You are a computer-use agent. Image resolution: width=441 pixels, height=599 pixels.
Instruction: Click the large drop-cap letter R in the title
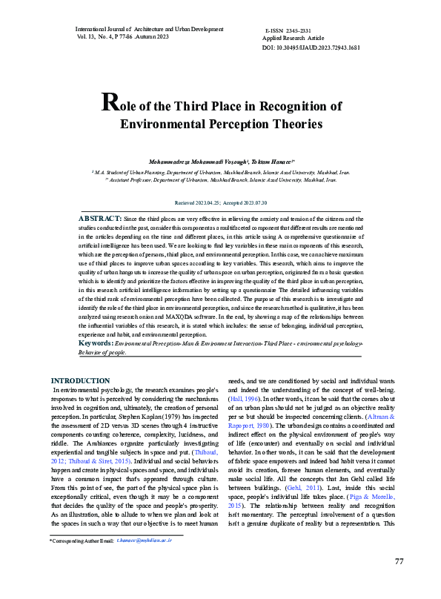108,103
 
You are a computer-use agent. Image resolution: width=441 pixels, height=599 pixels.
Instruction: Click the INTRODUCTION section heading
80,381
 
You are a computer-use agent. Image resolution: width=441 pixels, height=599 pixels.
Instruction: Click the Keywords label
96,343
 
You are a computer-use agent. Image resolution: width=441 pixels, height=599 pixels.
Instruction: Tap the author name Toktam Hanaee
271,161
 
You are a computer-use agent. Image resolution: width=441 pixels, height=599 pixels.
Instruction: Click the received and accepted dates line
220,202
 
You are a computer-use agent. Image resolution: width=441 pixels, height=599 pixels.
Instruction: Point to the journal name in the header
149,29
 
